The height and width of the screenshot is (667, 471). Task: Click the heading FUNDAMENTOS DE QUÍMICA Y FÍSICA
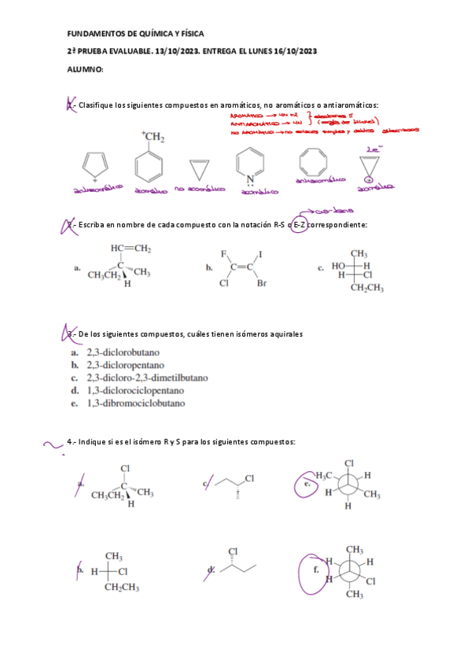[x=135, y=34]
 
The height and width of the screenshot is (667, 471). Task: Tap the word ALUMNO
[x=86, y=69]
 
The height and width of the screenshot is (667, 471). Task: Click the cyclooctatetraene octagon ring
[x=311, y=165]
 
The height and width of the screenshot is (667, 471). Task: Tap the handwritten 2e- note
[x=373, y=149]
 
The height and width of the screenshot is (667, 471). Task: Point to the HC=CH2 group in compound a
[x=130, y=249]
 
